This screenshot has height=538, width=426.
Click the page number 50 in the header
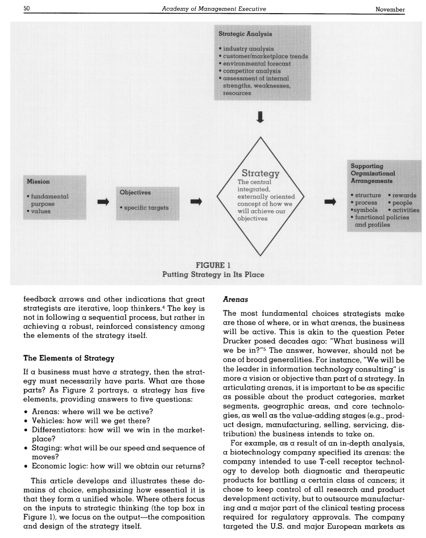coord(26,9)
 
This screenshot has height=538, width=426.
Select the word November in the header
coord(390,9)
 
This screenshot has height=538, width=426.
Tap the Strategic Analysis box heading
coord(241,34)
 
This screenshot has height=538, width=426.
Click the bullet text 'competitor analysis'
coord(251,71)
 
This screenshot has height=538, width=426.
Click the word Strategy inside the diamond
coord(260,173)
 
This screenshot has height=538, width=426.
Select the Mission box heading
coord(38,181)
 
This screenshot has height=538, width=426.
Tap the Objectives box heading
coord(135,192)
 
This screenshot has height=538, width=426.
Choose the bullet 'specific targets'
coord(146,207)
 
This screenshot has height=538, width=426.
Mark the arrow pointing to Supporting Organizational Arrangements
coord(330,201)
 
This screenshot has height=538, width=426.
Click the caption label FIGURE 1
coord(213,265)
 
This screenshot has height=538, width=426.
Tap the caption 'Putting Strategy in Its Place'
coord(213,274)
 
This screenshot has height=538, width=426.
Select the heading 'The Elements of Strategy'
coord(69,358)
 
